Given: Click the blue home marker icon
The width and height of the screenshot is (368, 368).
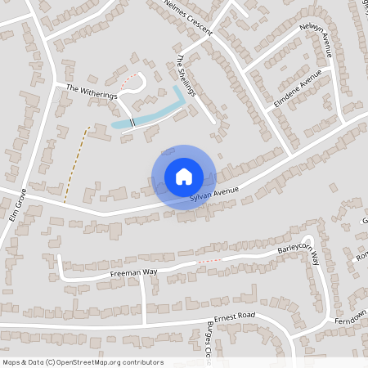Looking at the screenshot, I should [x=184, y=176].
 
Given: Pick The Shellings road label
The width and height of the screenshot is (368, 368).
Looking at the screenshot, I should [x=187, y=76].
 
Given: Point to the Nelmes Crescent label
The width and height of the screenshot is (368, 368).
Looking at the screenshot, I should [x=188, y=18].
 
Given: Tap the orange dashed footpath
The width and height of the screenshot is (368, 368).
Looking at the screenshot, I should [x=75, y=164].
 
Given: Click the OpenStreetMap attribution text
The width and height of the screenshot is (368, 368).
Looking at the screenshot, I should [x=83, y=362].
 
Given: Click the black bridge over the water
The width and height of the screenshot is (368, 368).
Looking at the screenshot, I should [x=131, y=122].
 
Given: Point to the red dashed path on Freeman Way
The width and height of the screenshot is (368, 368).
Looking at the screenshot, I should [x=209, y=261].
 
